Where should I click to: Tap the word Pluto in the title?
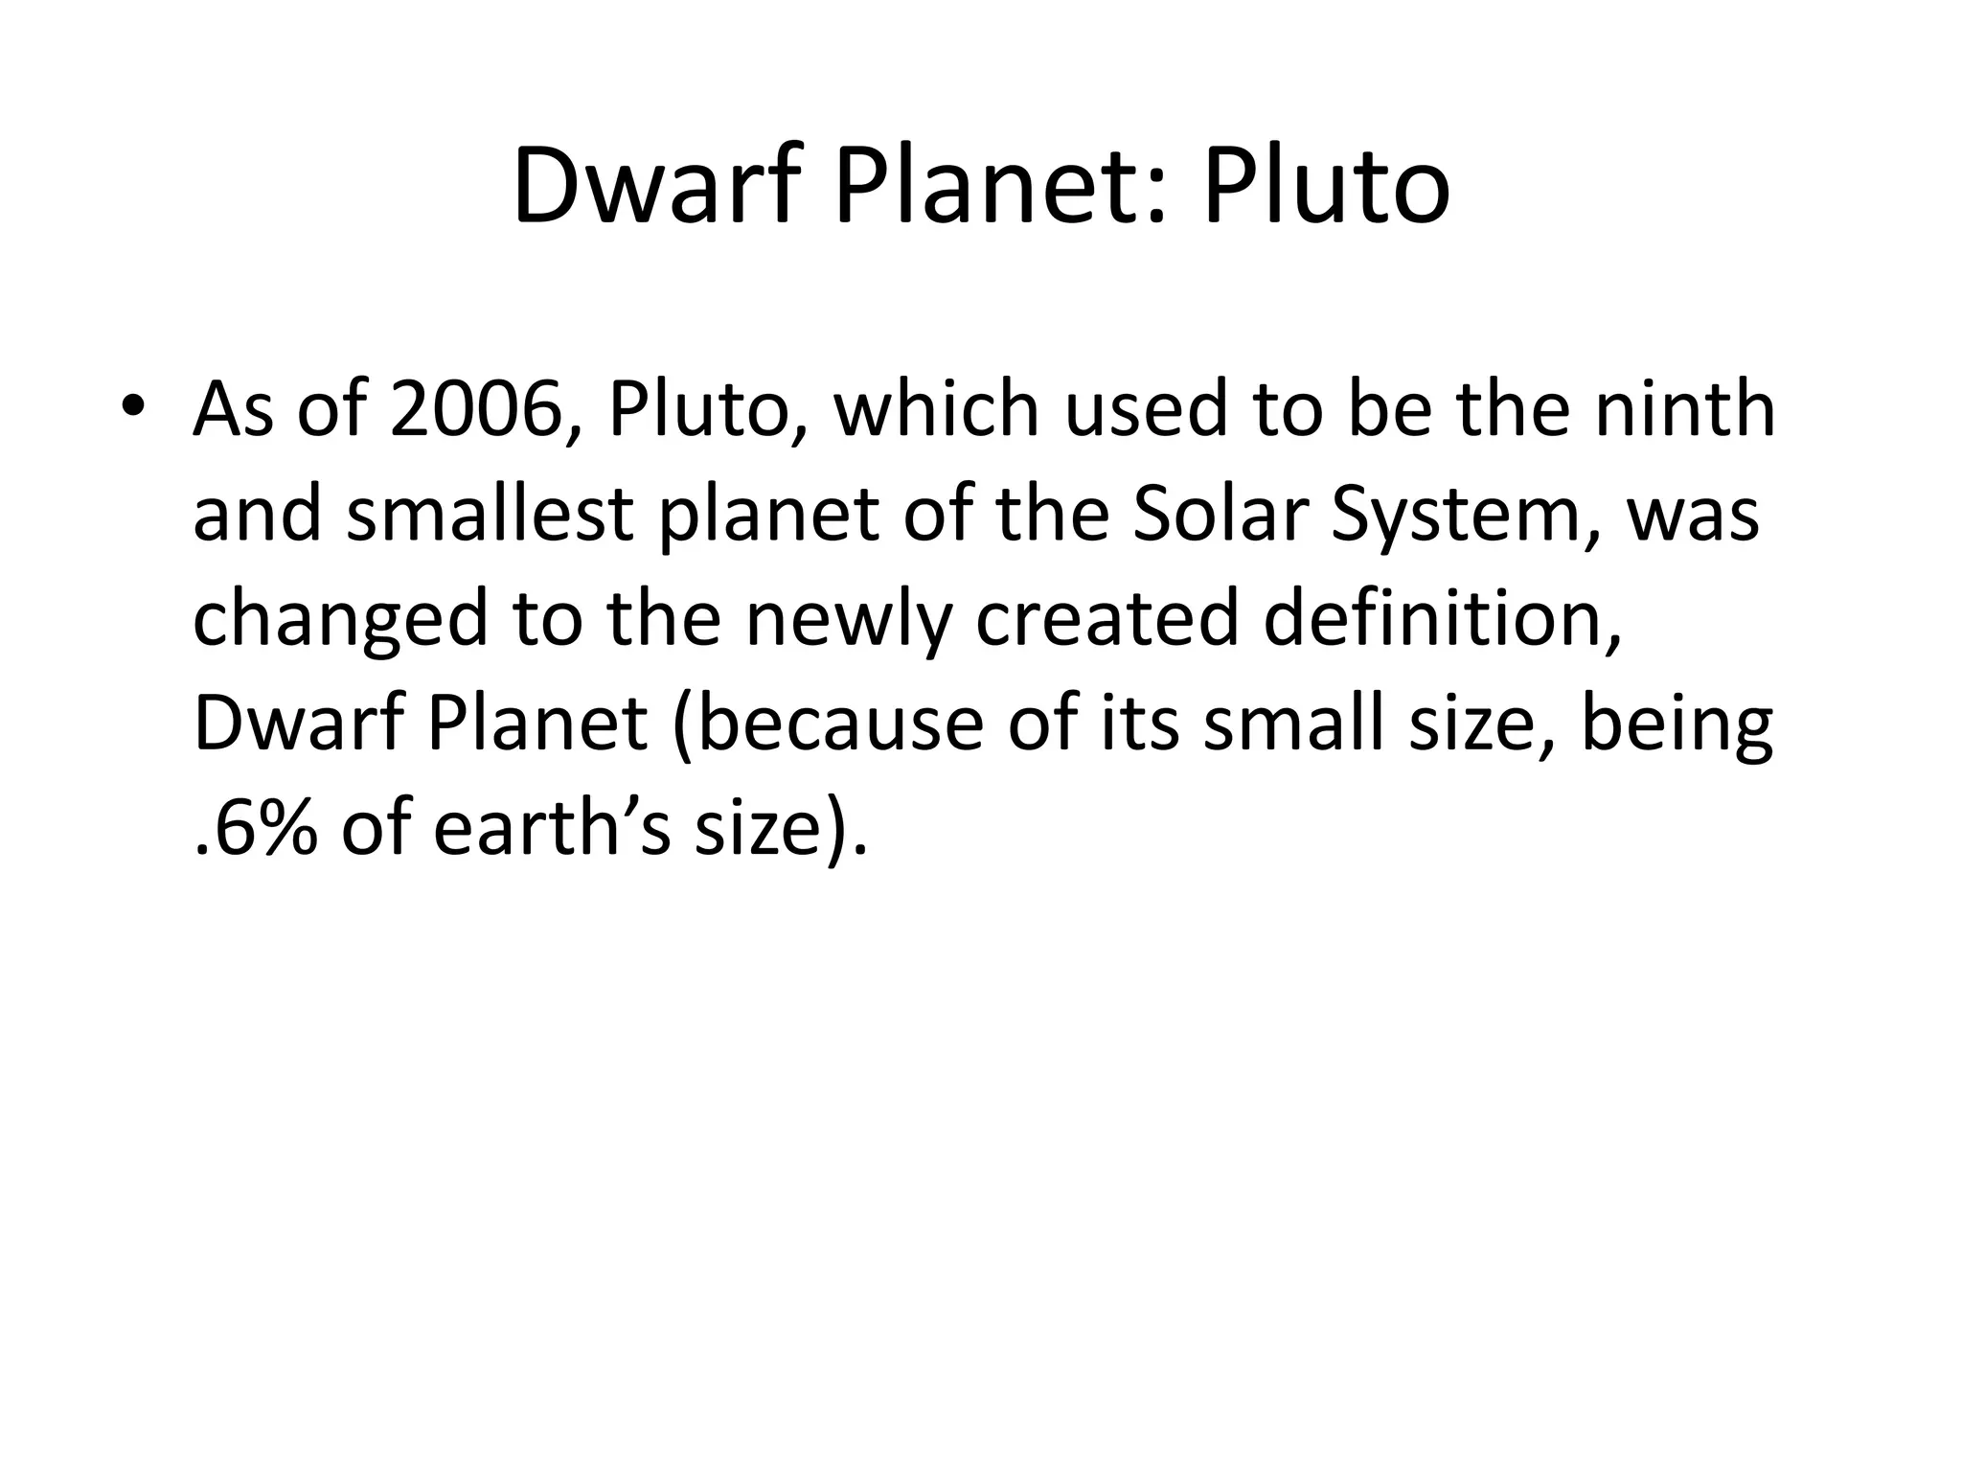[x=1326, y=186]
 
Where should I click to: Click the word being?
[x=1677, y=726]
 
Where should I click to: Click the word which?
[x=937, y=410]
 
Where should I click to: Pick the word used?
[x=1146, y=410]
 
